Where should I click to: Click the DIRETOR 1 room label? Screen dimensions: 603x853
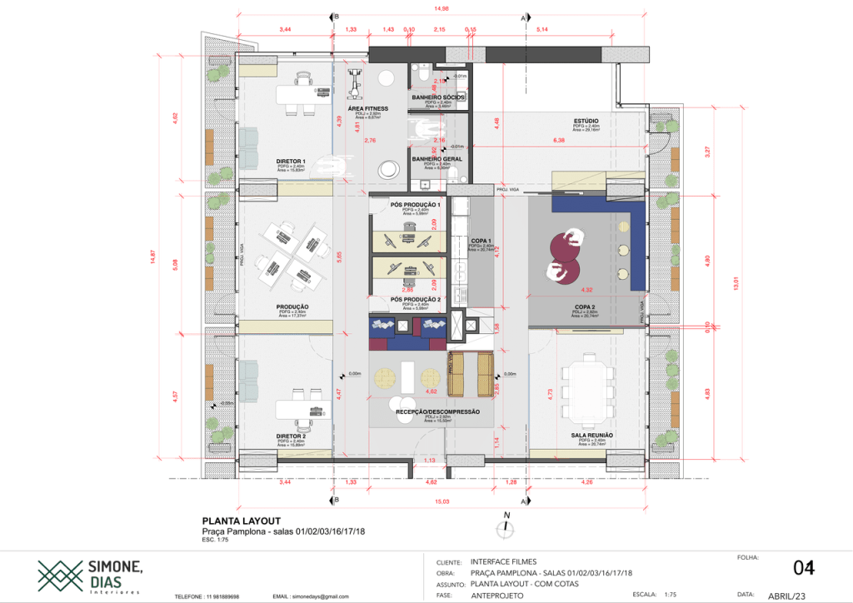[291, 161]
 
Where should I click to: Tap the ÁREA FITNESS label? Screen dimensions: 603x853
[367, 108]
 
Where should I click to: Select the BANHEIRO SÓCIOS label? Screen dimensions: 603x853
[437, 97]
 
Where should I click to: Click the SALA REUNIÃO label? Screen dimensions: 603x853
[591, 436]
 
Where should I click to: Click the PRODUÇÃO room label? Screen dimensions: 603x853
[292, 306]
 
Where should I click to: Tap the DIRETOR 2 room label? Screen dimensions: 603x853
[291, 436]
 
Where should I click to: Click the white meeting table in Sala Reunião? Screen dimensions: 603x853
[590, 388]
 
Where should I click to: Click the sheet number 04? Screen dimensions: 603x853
[803, 568]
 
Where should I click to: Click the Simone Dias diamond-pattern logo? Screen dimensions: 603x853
[59, 574]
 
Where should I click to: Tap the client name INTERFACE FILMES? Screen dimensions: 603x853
[503, 562]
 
